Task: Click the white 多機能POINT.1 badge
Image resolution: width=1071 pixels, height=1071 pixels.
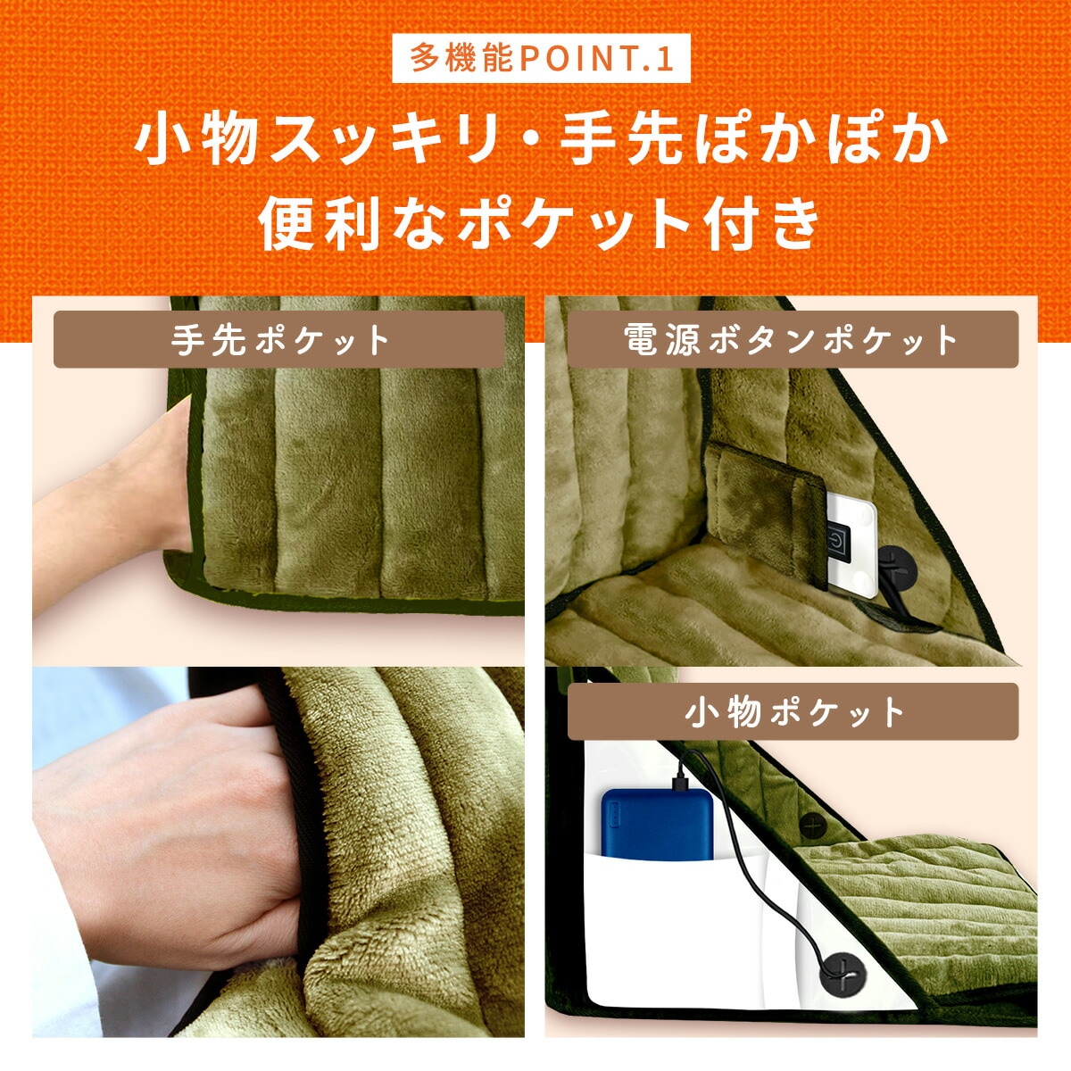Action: pyautogui.click(x=541, y=58)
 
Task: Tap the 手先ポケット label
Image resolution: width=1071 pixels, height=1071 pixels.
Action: pyautogui.click(x=279, y=339)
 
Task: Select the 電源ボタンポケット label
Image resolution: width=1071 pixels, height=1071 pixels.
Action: pyautogui.click(x=793, y=339)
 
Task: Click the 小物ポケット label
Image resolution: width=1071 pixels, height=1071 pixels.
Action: pyautogui.click(x=793, y=711)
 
